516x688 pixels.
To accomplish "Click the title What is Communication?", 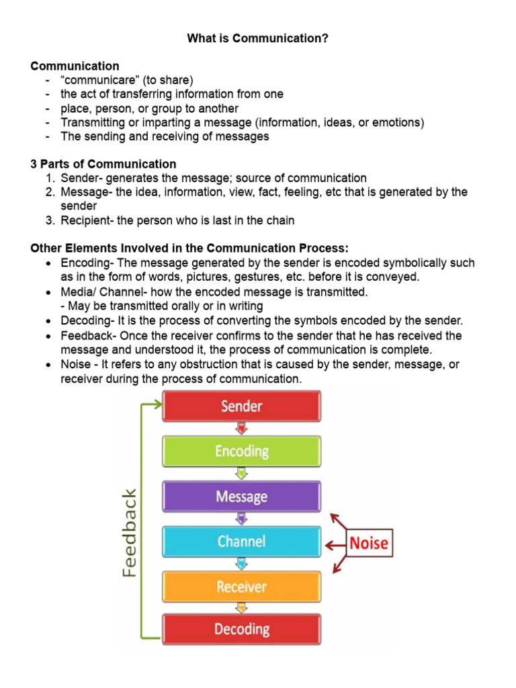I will point(258,38).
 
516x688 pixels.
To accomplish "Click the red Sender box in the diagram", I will point(242,406).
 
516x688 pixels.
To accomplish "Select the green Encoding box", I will point(242,451).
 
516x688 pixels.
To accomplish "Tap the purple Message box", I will point(242,497).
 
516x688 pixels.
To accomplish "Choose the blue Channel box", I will point(242,542).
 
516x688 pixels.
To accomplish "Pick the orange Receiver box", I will point(242,587).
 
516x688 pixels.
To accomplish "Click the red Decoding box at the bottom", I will point(242,630).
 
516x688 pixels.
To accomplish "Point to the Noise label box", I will point(369,543).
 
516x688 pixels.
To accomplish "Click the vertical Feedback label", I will point(129,532).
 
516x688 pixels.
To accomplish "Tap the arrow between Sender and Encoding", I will point(242,429).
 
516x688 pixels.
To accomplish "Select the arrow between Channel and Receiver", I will point(242,564).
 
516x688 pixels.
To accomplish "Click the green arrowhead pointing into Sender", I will point(158,404).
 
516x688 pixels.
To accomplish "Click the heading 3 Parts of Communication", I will point(103,164).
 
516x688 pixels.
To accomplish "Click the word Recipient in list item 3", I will point(85,220).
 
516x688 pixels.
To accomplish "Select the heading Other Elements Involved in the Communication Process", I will point(189,249).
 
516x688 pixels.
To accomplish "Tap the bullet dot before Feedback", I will point(50,336).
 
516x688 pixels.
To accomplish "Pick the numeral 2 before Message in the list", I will point(50,192).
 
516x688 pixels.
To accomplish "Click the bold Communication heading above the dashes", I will point(75,66).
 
